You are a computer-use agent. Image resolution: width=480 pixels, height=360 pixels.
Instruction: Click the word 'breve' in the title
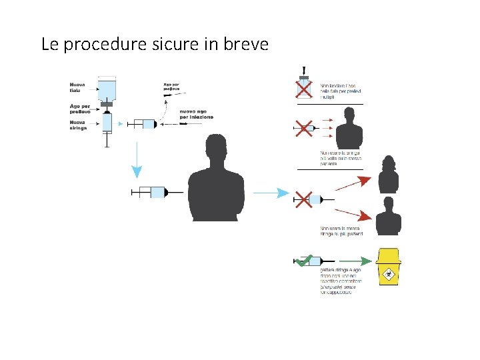[x=246, y=45]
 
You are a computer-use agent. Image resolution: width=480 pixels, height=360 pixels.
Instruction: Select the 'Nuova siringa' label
[x=78, y=125]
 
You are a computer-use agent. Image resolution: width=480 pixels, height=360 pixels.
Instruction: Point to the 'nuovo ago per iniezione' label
[x=196, y=114]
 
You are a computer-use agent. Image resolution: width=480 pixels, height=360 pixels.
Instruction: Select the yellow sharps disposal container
[x=389, y=267]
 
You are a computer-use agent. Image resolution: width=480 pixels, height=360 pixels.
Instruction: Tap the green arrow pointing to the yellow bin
[x=348, y=261]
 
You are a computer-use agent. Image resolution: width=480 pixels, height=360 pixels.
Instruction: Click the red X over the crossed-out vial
[x=303, y=89]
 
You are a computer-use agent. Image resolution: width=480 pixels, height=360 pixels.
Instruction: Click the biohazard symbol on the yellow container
[x=388, y=273]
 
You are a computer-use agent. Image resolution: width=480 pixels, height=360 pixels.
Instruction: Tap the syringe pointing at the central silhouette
[x=157, y=192]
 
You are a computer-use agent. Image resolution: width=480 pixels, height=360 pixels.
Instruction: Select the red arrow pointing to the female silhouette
[x=349, y=181]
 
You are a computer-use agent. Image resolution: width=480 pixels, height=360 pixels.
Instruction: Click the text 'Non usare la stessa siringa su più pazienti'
[x=341, y=231]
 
